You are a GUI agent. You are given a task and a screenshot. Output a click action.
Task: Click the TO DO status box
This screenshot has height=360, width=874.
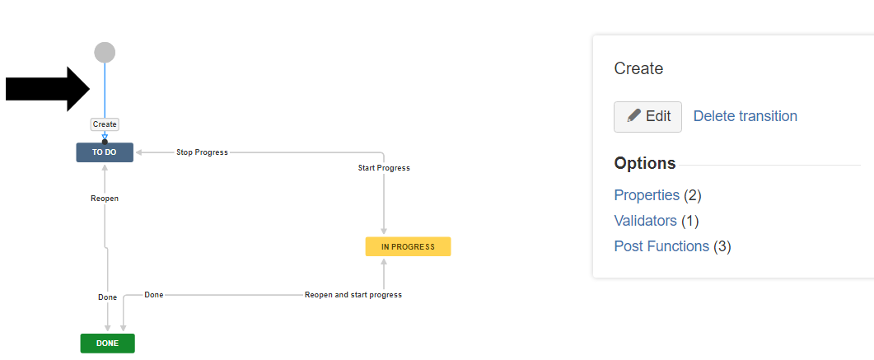[x=105, y=152]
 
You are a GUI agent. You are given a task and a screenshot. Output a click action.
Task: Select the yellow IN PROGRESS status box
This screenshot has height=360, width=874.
[x=408, y=246]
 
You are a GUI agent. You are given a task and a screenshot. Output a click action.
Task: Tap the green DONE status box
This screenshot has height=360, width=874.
[x=107, y=343]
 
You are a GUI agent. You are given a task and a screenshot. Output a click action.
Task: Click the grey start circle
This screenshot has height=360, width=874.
[x=105, y=53]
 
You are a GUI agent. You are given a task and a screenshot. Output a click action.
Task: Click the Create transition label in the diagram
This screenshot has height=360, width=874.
[x=105, y=124]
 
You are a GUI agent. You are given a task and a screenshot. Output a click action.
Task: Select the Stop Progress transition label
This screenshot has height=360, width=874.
[x=202, y=152]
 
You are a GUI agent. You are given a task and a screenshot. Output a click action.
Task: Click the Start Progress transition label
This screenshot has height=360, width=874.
[x=384, y=168]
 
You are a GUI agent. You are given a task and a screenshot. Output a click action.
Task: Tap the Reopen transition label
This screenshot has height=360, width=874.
[x=105, y=199]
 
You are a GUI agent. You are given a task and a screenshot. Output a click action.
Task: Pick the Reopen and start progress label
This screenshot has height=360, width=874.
[x=353, y=295]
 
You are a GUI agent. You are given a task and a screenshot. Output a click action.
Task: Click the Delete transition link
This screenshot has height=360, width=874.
[x=745, y=116]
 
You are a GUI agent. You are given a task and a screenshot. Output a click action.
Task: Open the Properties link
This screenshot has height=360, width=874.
[x=647, y=195]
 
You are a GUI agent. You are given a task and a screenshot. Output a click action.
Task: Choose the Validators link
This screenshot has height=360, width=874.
[x=645, y=221]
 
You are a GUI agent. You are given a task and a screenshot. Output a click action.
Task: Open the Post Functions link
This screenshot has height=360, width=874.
[x=661, y=246]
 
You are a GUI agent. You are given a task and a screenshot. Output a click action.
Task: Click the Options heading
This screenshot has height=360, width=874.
[x=645, y=163]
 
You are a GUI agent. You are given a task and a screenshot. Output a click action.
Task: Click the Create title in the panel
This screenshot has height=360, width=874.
[x=638, y=68]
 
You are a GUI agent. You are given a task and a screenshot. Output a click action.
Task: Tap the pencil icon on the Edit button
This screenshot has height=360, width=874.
[x=633, y=116]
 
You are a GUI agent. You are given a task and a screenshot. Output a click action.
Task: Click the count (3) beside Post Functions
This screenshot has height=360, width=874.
[x=722, y=246]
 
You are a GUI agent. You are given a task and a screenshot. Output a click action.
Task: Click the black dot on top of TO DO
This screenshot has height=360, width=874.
[x=105, y=143]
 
